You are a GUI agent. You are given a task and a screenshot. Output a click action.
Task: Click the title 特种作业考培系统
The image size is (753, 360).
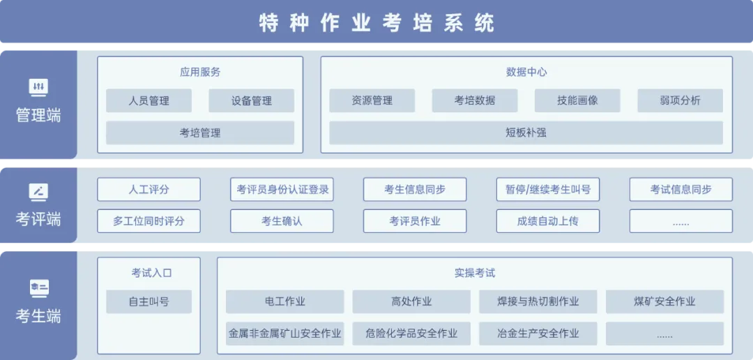[x=376, y=22]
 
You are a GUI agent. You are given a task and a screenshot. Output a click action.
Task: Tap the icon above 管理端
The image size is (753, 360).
[x=38, y=87]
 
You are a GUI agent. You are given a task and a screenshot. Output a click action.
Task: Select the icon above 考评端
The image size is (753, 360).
[x=38, y=192]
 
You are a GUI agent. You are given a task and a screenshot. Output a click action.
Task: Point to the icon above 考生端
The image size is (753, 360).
[x=38, y=288]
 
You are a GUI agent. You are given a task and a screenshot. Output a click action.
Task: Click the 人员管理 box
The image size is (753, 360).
[x=149, y=100]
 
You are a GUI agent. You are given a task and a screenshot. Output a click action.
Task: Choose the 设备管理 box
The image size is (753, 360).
[x=251, y=100]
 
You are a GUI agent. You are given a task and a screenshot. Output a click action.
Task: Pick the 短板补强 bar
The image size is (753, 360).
[x=526, y=133]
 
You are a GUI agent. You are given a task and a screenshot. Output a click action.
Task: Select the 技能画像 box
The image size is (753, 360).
[x=577, y=100]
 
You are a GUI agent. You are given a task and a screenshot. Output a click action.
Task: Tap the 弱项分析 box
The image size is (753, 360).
[x=680, y=100]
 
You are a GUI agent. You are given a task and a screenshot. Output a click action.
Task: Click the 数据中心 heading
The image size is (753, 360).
[x=526, y=72]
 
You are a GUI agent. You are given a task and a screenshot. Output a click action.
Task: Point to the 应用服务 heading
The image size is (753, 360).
[x=200, y=72]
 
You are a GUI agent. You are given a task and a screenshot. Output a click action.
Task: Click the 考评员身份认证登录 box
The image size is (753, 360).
[x=282, y=189]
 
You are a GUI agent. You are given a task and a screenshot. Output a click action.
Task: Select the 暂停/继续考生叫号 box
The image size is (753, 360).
[x=548, y=189]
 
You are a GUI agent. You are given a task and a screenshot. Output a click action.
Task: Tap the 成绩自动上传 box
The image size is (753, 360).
[x=548, y=221]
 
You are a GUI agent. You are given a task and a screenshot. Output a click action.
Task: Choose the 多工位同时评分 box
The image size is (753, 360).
[x=149, y=221]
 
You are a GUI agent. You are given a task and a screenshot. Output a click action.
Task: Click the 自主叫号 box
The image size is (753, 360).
[x=149, y=302]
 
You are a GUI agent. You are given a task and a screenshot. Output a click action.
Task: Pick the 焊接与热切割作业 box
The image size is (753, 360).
[x=538, y=302]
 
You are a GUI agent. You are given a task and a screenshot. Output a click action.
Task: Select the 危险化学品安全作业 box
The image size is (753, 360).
[x=411, y=333]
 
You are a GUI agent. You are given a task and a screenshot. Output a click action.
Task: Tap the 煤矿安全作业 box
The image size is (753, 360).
[x=664, y=302]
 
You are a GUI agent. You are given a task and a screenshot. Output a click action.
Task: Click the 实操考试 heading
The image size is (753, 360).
[x=475, y=273]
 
